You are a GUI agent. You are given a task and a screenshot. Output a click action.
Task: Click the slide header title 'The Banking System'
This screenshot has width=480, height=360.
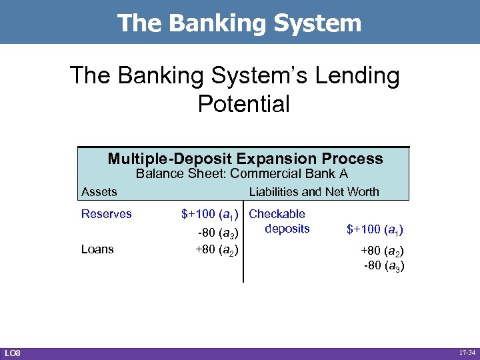239,23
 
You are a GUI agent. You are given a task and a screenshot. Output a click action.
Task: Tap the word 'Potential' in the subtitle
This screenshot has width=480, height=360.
244,103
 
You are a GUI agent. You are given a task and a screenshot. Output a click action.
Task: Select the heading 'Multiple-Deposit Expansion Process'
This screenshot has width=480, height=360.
245,159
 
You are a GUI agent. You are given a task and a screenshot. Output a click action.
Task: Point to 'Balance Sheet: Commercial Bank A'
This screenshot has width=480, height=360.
242,175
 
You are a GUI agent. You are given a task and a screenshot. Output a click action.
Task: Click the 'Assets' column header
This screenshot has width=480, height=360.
99,192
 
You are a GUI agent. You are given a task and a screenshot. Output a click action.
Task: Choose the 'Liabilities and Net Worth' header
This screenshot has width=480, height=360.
313,192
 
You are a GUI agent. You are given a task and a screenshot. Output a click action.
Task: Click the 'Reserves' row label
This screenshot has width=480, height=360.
107,214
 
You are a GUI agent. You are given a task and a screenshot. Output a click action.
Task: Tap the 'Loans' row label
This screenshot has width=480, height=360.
97,249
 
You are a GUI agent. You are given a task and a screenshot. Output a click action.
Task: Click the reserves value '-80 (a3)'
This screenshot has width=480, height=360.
219,232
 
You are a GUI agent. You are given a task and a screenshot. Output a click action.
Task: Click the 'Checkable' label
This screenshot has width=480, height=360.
277,214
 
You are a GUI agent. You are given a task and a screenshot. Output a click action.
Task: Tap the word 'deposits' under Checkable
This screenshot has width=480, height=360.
287,229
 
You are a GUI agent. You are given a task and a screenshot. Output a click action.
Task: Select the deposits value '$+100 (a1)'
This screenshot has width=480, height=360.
375,230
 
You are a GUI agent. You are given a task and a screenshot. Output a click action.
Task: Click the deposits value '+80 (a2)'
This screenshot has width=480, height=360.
383,253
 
